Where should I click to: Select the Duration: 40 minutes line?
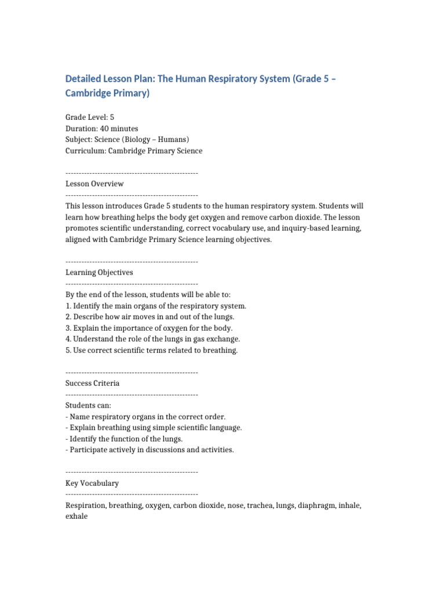pyautogui.click(x=102, y=129)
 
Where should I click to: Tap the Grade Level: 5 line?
pyautogui.click(x=90, y=117)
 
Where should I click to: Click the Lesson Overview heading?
pyautogui.click(x=94, y=184)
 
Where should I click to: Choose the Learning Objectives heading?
pyautogui.click(x=99, y=272)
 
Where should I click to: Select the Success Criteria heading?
pyautogui.click(x=93, y=383)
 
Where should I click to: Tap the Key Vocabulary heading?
pyautogui.click(x=92, y=483)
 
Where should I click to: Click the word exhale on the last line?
pyautogui.click(x=76, y=516)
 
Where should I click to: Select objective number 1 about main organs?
pyautogui.click(x=156, y=306)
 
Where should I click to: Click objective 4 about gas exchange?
pyautogui.click(x=152, y=339)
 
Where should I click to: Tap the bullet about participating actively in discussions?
pyautogui.click(x=149, y=450)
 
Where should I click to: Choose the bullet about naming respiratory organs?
pyautogui.click(x=145, y=416)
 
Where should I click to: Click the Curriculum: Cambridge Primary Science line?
pyautogui.click(x=134, y=151)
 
